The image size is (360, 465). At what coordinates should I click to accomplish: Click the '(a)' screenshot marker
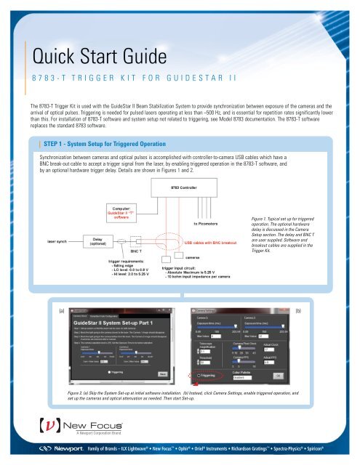click(63, 310)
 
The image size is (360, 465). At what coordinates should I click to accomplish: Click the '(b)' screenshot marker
click(299, 310)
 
